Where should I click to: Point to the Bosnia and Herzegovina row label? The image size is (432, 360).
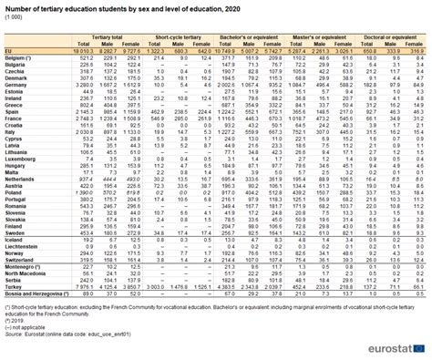(35, 294)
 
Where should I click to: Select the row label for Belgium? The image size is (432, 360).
(17, 57)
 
